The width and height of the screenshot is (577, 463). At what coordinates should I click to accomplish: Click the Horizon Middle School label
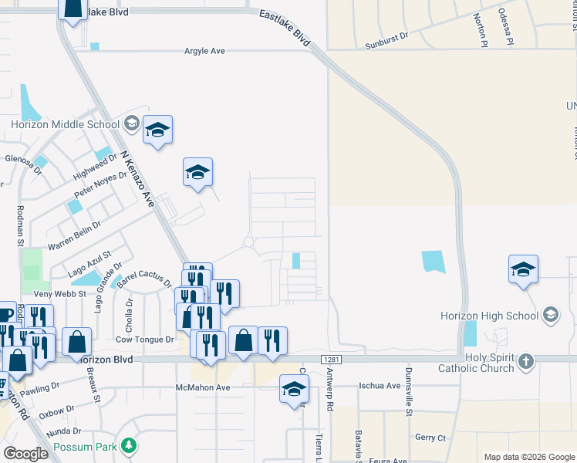pos(65,125)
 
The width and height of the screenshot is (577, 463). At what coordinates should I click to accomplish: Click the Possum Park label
pos(85,447)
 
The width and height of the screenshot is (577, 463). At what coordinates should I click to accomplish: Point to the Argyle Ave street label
pos(204,51)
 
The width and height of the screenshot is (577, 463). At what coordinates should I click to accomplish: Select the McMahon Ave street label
pos(203,387)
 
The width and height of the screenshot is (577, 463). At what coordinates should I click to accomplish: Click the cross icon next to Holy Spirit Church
pos(525,360)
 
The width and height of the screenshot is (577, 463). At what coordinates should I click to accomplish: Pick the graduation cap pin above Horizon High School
pos(523,269)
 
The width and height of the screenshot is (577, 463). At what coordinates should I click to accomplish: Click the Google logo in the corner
pos(25,454)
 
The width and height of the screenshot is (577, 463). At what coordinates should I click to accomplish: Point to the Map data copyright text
pos(529,457)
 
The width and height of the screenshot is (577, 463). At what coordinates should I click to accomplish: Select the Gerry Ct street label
pos(430,438)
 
